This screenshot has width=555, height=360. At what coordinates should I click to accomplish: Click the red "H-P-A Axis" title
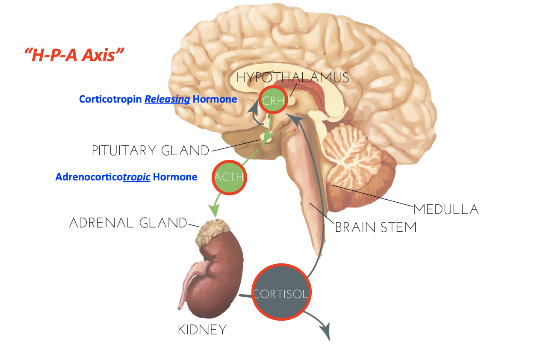click(74, 55)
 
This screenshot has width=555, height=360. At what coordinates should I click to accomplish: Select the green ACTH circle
click(230, 177)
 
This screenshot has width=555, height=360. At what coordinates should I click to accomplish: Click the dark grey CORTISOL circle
click(281, 293)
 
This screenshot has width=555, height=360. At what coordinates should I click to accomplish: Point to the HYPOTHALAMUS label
click(293, 77)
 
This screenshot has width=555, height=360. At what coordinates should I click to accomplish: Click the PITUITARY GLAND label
click(151, 151)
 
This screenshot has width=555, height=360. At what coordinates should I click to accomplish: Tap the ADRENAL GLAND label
click(128, 223)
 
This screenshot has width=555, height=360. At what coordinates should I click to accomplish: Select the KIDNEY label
click(202, 330)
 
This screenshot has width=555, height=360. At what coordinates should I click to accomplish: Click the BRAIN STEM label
click(375, 227)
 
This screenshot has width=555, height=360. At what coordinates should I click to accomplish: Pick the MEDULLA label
click(446, 210)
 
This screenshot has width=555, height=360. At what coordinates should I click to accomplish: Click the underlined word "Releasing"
click(167, 99)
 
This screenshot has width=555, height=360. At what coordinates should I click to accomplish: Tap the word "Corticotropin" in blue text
click(110, 99)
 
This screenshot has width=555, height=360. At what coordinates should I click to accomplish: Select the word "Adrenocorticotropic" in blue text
click(103, 177)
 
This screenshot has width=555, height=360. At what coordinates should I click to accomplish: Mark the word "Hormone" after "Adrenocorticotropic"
click(175, 177)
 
